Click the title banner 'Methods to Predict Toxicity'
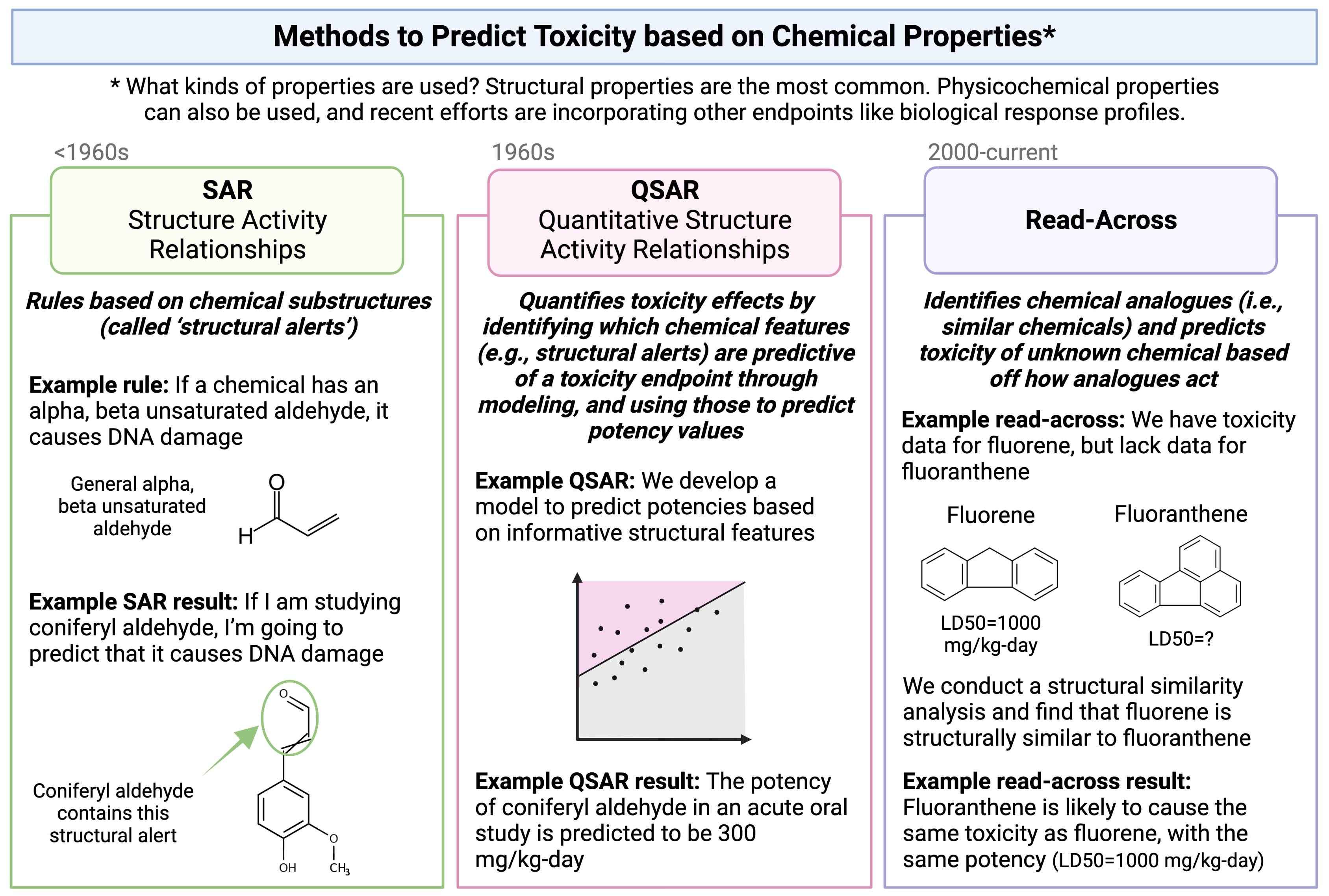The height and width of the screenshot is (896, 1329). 664,37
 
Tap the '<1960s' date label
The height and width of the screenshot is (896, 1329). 91,152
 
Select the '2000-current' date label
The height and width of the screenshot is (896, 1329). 992,152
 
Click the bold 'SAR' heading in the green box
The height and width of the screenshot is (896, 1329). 227,190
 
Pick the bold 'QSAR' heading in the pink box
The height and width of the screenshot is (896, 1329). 665,190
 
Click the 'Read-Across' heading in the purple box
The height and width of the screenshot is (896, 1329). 1101,220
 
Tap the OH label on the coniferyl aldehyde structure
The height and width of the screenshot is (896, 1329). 287,867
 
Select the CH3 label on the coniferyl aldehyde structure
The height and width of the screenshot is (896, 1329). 339,868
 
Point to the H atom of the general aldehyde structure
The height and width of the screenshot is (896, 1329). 246,536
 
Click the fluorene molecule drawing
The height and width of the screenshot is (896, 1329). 989,574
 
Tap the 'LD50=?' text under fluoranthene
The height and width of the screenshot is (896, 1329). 1181,638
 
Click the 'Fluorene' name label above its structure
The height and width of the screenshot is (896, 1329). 990,516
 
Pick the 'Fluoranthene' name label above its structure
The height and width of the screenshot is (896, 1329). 1181,514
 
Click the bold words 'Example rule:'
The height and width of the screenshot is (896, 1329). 98,385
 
